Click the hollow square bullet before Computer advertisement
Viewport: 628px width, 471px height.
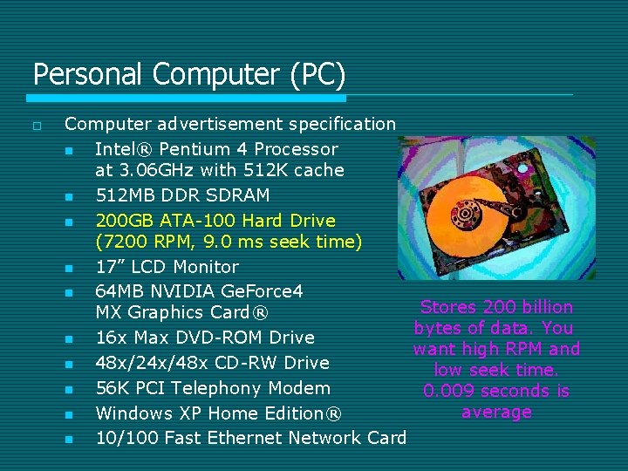click(x=37, y=126)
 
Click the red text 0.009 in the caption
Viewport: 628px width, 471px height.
click(x=448, y=391)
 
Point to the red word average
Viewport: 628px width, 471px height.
click(x=496, y=412)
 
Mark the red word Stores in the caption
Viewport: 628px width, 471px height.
click(x=449, y=307)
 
